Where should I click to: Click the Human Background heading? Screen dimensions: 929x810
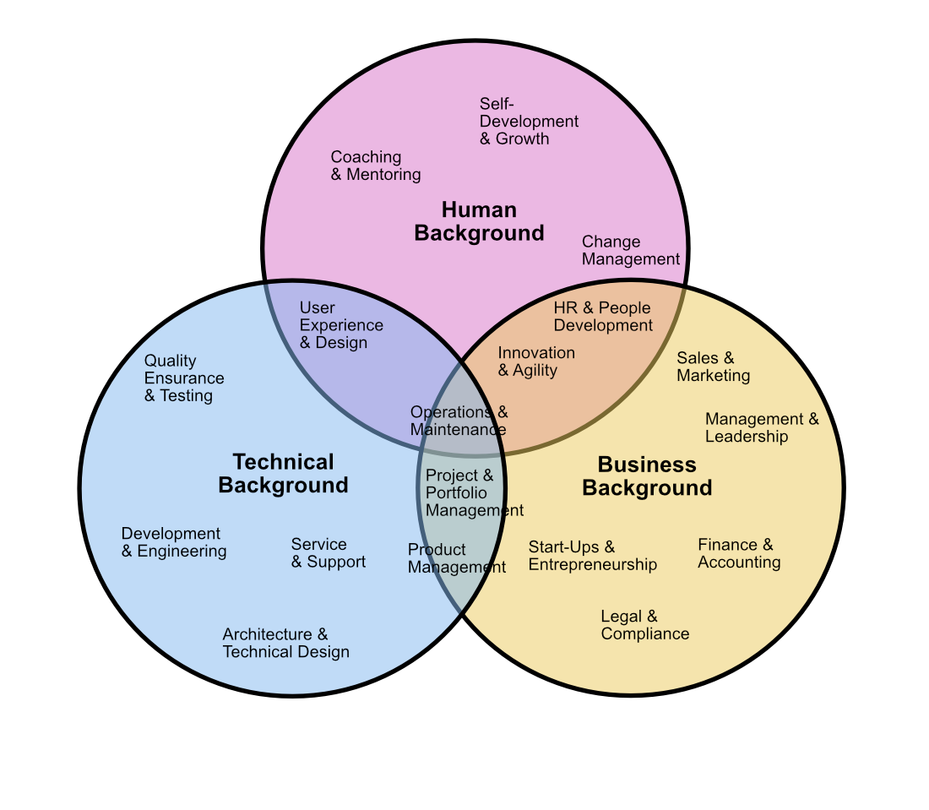pyautogui.click(x=479, y=221)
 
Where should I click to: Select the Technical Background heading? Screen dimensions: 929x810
pyautogui.click(x=283, y=474)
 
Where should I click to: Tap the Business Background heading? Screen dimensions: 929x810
pyautogui.click(x=647, y=476)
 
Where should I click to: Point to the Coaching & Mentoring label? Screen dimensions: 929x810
pyautogui.click(x=376, y=166)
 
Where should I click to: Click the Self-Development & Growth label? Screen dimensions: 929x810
pyautogui.click(x=529, y=121)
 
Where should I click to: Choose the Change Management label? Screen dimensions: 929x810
pyautogui.click(x=630, y=250)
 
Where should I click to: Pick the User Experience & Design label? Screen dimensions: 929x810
pyautogui.click(x=341, y=324)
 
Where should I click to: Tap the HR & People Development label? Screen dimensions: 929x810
pyautogui.click(x=602, y=316)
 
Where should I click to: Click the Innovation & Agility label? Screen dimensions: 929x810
pyautogui.click(x=536, y=361)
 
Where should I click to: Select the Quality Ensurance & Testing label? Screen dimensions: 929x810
pyautogui.click(x=184, y=378)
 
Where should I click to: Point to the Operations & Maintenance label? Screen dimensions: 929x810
pyautogui.click(x=459, y=420)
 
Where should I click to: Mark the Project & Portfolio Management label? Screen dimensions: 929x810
pyautogui.click(x=474, y=492)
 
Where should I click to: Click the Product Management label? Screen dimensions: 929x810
pyautogui.click(x=456, y=558)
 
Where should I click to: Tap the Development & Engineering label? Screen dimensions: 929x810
pyautogui.click(x=174, y=542)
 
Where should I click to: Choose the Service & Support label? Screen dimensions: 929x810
pyautogui.click(x=329, y=553)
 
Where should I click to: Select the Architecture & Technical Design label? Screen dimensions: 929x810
pyautogui.click(x=285, y=643)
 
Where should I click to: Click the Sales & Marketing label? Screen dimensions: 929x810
pyautogui.click(x=714, y=367)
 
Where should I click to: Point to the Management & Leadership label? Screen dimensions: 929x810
pyautogui.click(x=762, y=427)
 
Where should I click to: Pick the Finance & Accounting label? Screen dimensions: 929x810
pyautogui.click(x=739, y=553)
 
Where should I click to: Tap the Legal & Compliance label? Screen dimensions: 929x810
pyautogui.click(x=644, y=624)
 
